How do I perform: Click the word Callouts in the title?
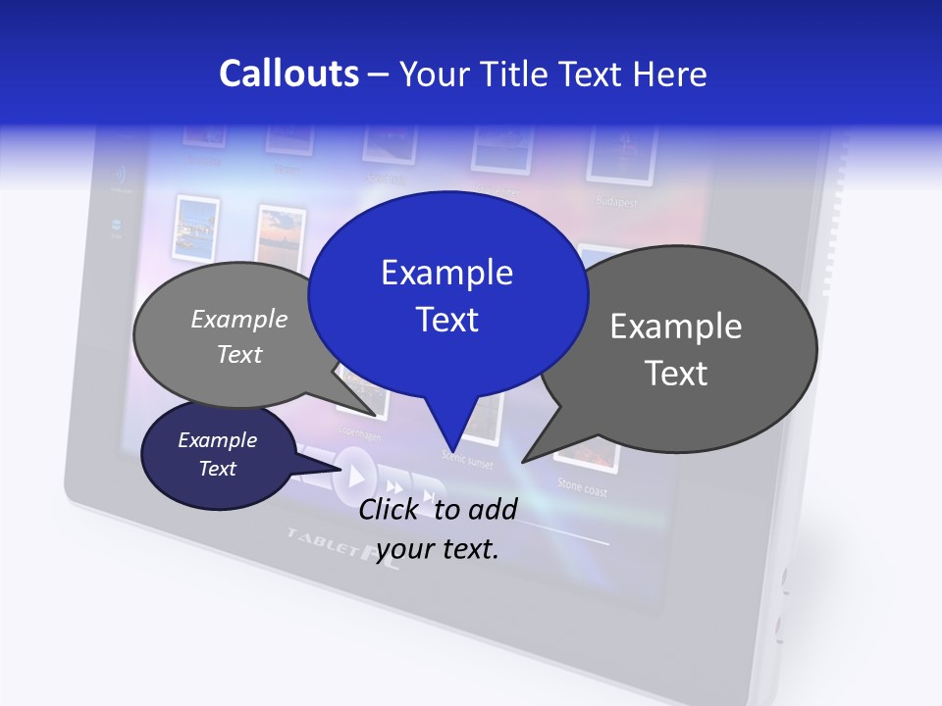coord(288,74)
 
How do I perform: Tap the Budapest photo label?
coord(616,202)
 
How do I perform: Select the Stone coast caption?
coord(582,484)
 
